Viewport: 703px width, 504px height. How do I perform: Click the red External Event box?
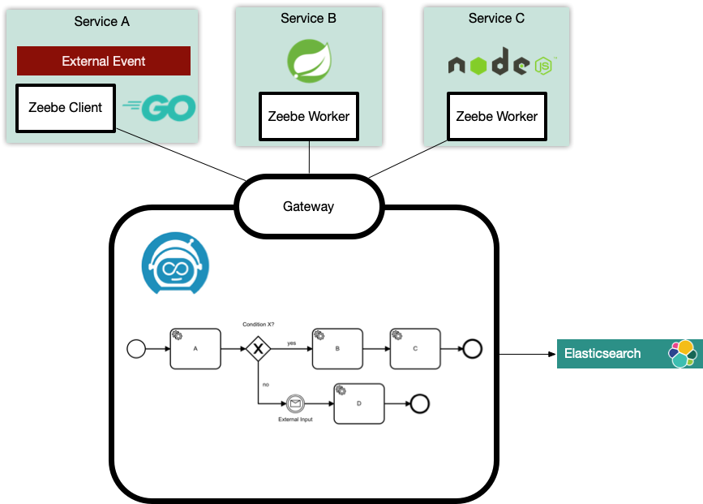104,61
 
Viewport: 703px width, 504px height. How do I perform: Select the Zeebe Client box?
66,107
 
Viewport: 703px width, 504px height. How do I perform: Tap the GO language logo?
159,107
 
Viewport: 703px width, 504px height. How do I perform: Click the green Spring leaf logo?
309,61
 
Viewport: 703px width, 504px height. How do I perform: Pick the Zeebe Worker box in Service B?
309,116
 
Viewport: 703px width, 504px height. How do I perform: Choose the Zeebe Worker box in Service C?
497,116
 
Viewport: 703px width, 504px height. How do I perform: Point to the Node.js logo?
502,64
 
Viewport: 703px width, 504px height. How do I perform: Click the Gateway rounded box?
308,206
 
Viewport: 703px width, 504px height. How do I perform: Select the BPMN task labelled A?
195,348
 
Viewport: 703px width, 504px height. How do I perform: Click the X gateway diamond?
258,349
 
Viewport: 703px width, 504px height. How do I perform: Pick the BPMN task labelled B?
337,348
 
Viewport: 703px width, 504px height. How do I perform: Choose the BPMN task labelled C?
415,348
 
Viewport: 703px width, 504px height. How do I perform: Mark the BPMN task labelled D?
358,403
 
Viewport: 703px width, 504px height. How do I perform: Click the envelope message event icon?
294,403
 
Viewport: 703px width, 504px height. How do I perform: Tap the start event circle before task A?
136,349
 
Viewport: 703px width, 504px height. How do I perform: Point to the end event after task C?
472,349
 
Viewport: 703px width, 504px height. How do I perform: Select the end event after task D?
419,403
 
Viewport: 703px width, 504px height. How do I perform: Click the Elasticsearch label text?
602,354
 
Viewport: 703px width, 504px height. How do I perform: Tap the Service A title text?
101,21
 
